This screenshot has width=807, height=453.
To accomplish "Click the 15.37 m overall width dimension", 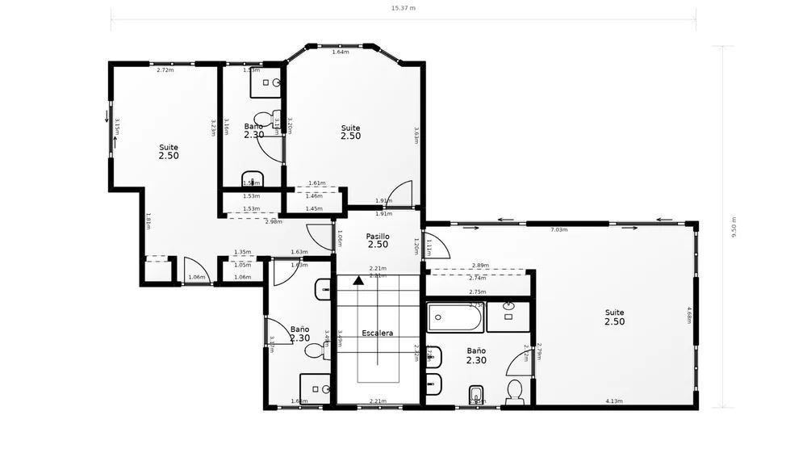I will click(403, 7).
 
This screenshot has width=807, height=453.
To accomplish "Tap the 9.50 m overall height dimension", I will click(734, 227).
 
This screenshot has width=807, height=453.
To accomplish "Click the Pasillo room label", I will click(378, 236).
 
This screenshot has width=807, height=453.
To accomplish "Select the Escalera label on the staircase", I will click(378, 333).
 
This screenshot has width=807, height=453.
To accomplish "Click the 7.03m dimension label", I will click(558, 230).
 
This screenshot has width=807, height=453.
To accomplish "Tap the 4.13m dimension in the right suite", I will click(614, 401).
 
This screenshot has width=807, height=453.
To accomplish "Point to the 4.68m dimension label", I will click(689, 314).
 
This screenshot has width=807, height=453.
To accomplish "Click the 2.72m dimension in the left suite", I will click(165, 70).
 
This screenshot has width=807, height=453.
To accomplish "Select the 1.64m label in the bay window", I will click(340, 52).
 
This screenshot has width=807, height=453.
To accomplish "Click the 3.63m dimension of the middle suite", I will click(416, 135).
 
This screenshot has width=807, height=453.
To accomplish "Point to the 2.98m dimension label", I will click(274, 221).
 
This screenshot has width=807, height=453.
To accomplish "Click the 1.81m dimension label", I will click(148, 220).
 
